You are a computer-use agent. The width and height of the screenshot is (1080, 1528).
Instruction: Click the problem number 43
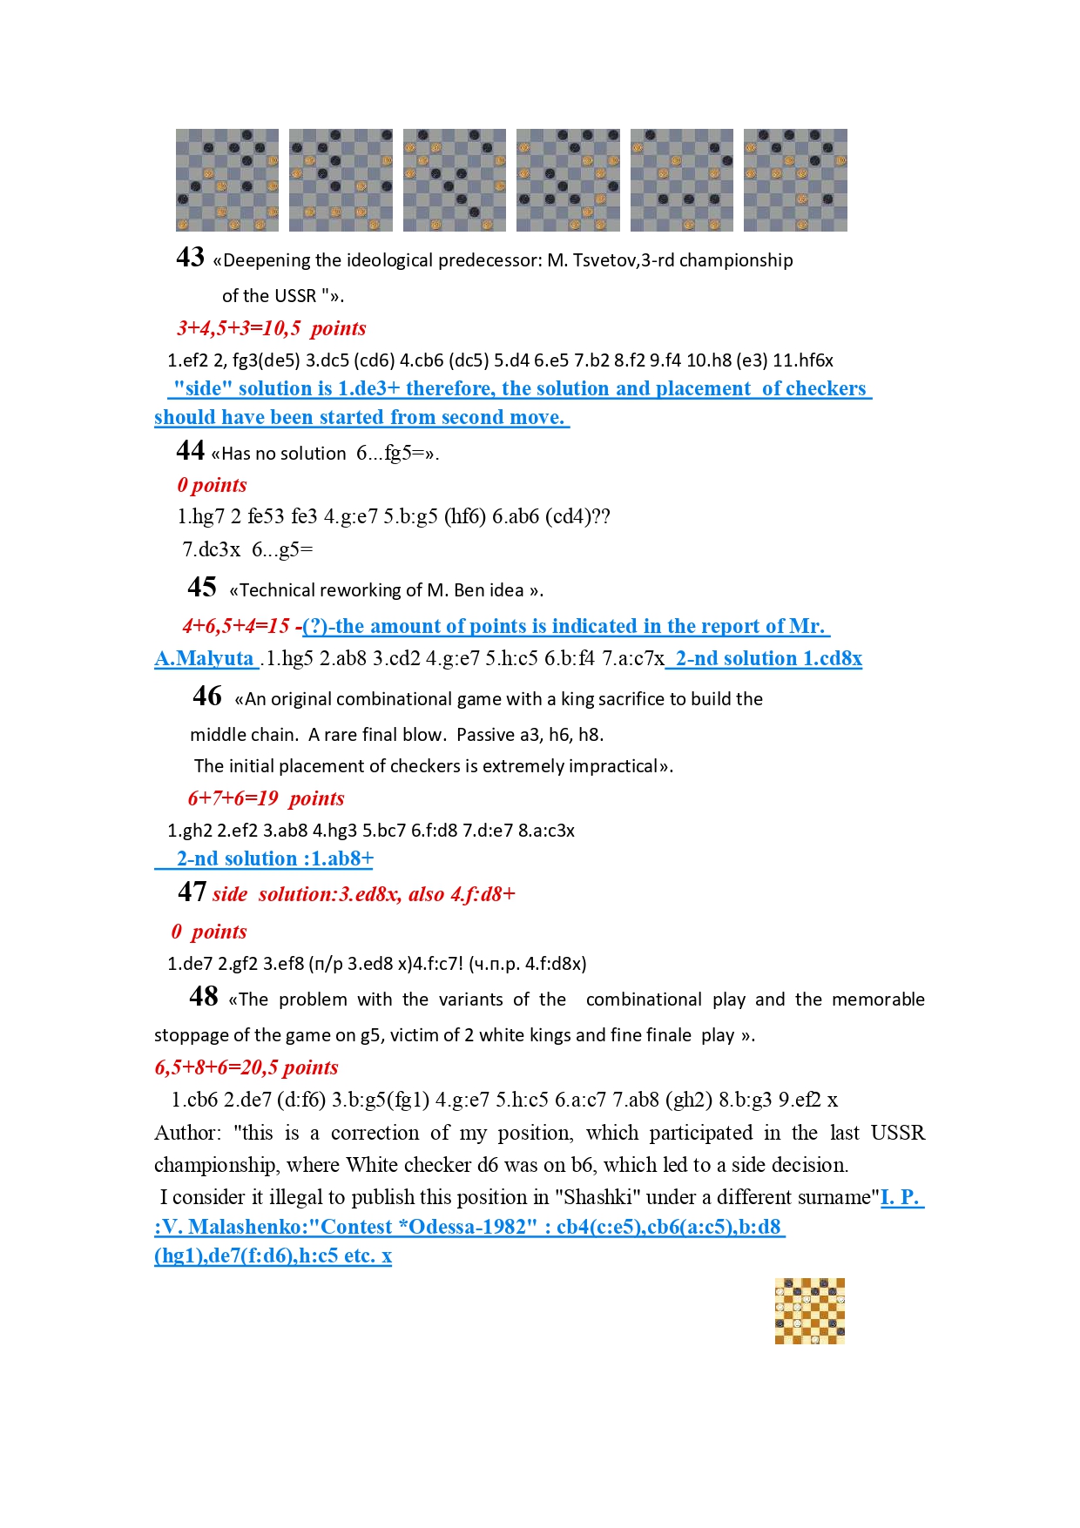click(190, 258)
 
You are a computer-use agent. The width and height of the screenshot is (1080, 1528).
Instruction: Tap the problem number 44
click(190, 451)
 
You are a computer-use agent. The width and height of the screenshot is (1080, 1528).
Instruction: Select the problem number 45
click(202, 588)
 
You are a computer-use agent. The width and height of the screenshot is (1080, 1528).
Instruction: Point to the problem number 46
click(207, 697)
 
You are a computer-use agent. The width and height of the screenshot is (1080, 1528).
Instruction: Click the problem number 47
click(192, 892)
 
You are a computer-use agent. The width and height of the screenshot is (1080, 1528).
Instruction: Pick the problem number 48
click(204, 997)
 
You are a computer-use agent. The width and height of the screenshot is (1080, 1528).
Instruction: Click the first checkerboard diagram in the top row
click(227, 180)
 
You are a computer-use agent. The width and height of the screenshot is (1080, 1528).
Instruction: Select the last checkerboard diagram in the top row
click(795, 180)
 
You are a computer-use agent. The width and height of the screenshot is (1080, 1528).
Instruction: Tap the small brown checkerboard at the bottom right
click(810, 1311)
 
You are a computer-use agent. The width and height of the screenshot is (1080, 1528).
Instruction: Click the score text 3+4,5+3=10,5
click(239, 328)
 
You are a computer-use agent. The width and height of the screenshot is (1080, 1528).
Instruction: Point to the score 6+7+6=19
click(233, 798)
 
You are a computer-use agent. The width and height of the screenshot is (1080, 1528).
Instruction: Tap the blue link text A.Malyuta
click(205, 658)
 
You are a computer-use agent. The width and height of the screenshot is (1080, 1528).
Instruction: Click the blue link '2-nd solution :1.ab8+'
click(274, 858)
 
